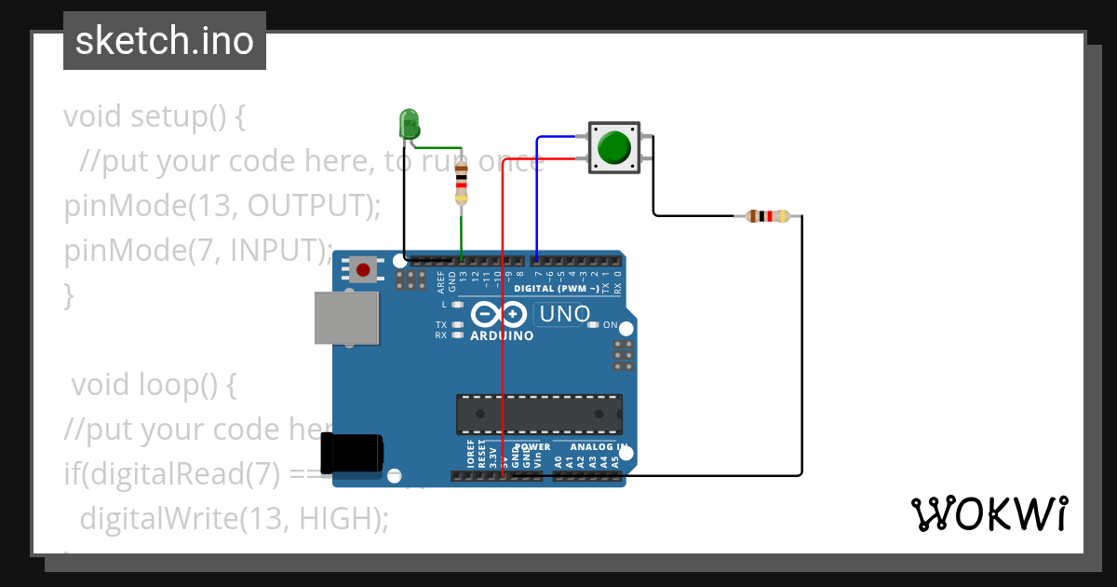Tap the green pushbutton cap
[x=613, y=147]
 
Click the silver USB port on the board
[x=346, y=319]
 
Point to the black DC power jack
[x=351, y=454]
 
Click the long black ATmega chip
[x=539, y=414]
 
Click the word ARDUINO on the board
[x=502, y=335]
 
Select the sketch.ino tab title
[x=165, y=41]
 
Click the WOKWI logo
[x=989, y=514]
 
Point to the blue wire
[x=537, y=196]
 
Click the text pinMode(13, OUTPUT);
[x=222, y=206]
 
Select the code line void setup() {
[x=155, y=116]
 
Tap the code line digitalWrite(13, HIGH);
[x=234, y=518]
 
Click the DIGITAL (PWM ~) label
[x=557, y=289]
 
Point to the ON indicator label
[x=611, y=325]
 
